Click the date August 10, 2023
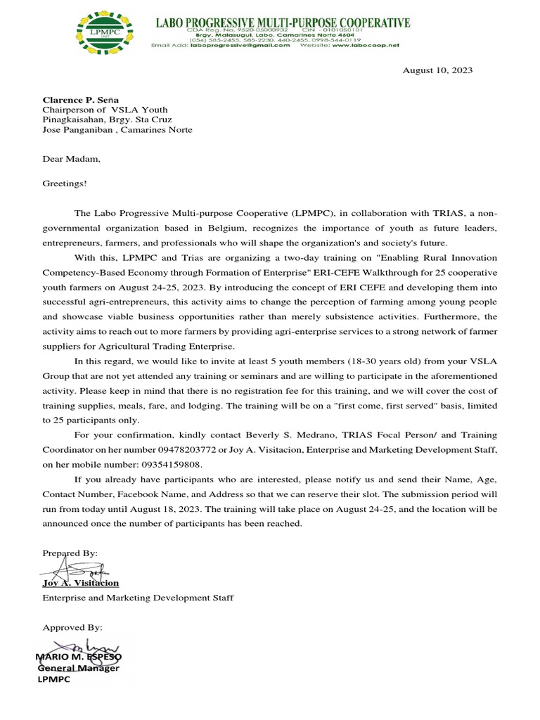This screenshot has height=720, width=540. (x=437, y=70)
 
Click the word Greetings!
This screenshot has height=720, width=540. (x=65, y=184)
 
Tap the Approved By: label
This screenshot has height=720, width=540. (x=72, y=626)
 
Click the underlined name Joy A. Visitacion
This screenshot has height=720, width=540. (x=81, y=583)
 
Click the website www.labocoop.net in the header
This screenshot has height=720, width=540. (x=366, y=45)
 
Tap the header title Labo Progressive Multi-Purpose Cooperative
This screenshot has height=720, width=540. (x=282, y=22)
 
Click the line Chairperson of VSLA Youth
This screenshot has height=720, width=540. (x=105, y=110)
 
